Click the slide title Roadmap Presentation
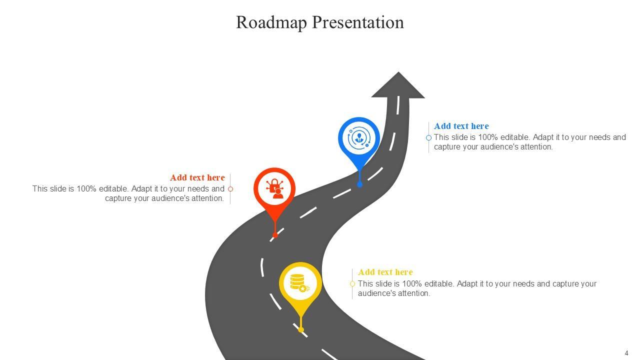[x=319, y=22]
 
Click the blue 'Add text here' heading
[x=461, y=126]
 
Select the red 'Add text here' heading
[x=197, y=177]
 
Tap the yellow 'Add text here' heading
[x=385, y=272]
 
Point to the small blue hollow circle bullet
[x=428, y=137]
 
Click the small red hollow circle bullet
[x=230, y=189]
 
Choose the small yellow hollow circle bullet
[x=352, y=284]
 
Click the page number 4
[x=626, y=353]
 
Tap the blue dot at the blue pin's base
[x=359, y=184]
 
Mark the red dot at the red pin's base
[x=275, y=235]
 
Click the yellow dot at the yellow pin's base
[x=301, y=329]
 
